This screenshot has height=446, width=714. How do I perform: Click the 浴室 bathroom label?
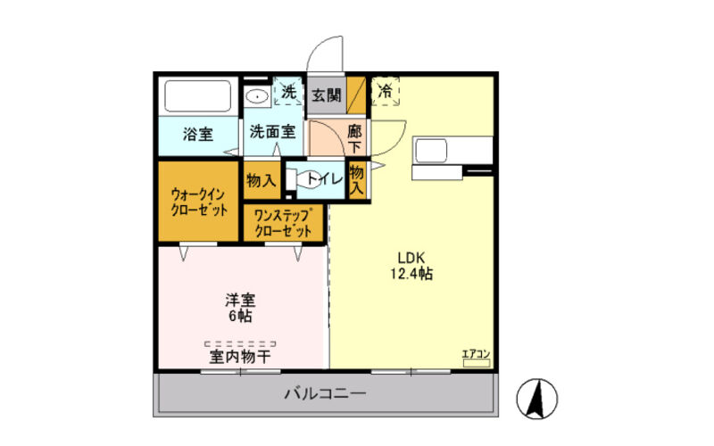pyautogui.click(x=198, y=135)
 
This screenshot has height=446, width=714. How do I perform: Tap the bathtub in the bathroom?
pyautogui.click(x=197, y=96)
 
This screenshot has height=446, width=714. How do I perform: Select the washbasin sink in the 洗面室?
pyautogui.click(x=257, y=96)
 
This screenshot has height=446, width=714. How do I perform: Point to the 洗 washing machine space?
pyautogui.click(x=288, y=92)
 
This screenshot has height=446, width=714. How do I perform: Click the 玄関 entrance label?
pyautogui.click(x=327, y=95)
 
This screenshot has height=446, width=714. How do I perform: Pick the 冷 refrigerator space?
pyautogui.click(x=386, y=91)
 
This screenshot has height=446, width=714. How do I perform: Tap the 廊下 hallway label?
pyautogui.click(x=354, y=139)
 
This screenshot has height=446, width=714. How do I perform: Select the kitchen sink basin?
pyautogui.click(x=430, y=151)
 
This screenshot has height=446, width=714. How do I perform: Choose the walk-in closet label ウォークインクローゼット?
pyautogui.click(x=198, y=202)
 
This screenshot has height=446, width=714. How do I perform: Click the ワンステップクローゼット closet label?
pyautogui.click(x=283, y=223)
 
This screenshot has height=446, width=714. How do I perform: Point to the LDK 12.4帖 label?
pyautogui.click(x=411, y=266)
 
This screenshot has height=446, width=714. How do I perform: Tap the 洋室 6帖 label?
pyautogui.click(x=240, y=308)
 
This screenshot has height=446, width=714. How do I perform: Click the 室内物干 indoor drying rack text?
pyautogui.click(x=240, y=356)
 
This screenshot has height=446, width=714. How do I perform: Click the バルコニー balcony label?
pyautogui.click(x=325, y=393)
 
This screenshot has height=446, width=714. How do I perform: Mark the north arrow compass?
pyautogui.click(x=537, y=399)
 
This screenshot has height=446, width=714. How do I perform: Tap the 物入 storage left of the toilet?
pyautogui.click(x=262, y=181)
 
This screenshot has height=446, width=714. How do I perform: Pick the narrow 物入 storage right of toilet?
pyautogui.click(x=357, y=179)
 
